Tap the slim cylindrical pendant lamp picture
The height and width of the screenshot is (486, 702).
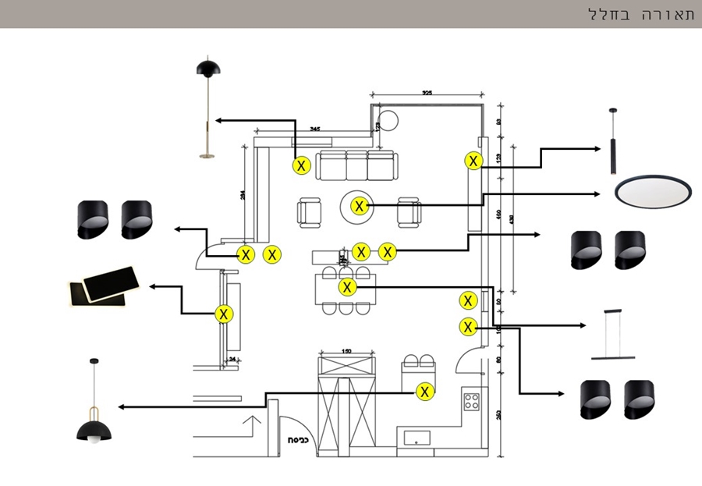pos(613,141)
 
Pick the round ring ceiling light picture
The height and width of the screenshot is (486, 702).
pos(653,191)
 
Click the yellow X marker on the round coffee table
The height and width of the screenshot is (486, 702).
pos(360,206)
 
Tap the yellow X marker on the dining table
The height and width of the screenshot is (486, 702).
pos(348,287)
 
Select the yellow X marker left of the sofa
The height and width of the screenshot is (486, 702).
pos(302,165)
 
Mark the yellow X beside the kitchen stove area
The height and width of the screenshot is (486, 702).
pos(424,392)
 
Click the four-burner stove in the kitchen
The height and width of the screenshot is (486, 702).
pos(472,403)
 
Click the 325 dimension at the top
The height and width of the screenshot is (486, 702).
pos(427,93)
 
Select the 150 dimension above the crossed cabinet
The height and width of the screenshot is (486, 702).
pos(346,352)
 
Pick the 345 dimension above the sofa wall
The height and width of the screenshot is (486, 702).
pos(315,128)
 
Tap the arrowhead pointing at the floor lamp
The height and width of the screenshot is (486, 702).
pos(219,120)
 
